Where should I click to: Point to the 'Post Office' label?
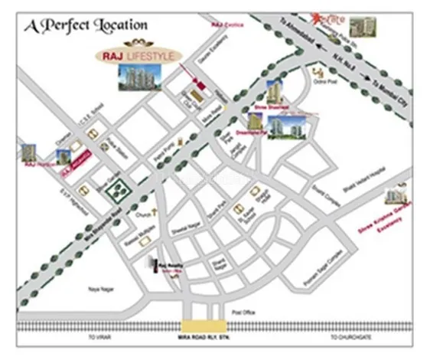[242, 313]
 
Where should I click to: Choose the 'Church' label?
[142, 217]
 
